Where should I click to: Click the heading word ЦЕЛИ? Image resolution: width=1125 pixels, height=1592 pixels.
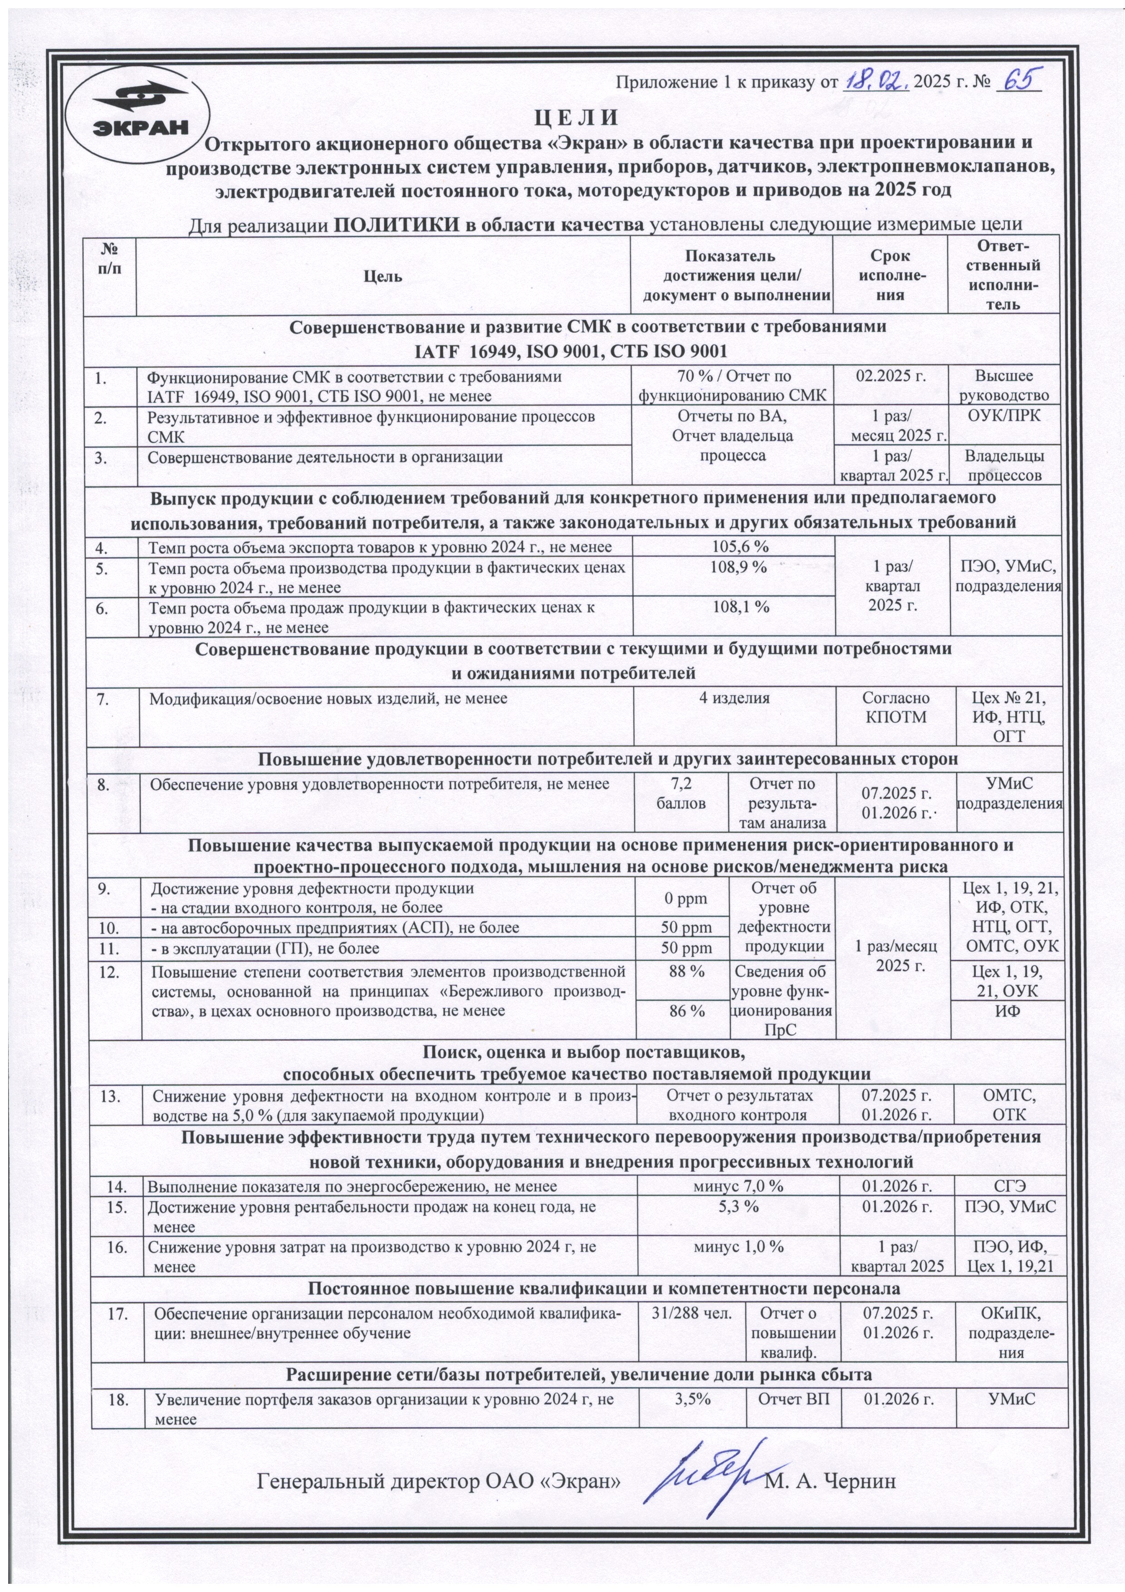click(575, 118)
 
